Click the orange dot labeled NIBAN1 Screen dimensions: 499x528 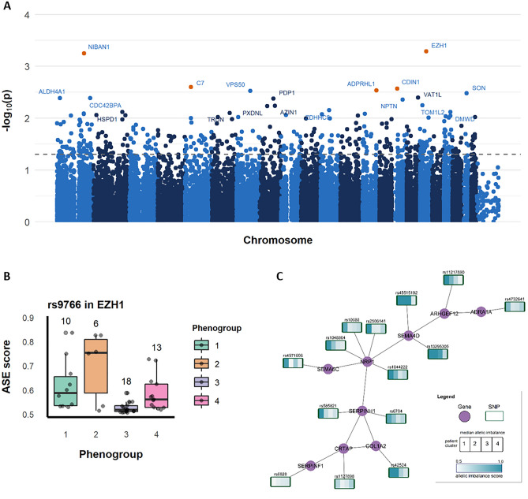click(84, 53)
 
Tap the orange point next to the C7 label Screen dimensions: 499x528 click(190, 87)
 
